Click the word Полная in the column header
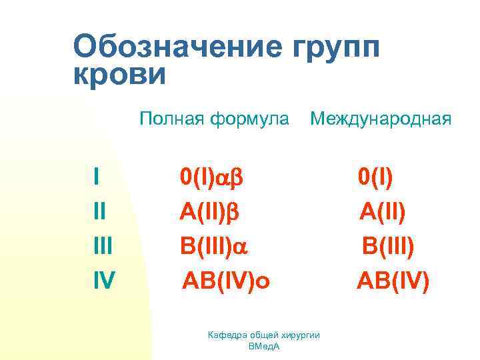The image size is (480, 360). point(172,119)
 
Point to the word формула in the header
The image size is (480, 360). point(249,120)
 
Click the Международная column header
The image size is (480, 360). point(381,120)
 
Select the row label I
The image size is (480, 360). point(97,177)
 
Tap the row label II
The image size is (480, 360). point(101,211)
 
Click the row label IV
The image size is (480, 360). point(104,281)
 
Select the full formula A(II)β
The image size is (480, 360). point(209,212)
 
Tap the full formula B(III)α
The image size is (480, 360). point(213,247)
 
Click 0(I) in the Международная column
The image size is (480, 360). point(375,177)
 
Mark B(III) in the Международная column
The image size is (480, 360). point(388,247)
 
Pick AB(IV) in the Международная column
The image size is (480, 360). point(393,281)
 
